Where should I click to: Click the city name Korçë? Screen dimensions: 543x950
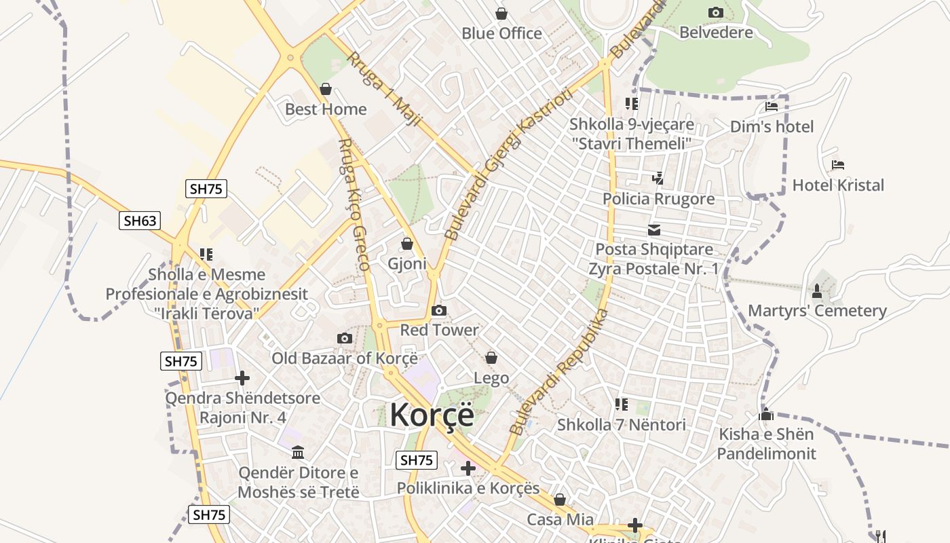[432, 415]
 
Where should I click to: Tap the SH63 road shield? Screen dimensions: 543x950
[140, 221]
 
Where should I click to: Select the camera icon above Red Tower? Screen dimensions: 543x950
[439, 311]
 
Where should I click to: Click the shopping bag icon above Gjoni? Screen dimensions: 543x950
[407, 244]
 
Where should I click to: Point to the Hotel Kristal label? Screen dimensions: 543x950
[838, 185]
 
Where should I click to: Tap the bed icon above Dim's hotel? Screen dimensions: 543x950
[771, 107]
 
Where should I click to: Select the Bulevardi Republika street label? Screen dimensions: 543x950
[558, 372]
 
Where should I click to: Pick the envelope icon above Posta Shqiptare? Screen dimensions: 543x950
[654, 230]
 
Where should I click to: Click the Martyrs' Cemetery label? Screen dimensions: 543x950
[817, 311]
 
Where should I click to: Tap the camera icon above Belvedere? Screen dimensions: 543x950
[715, 13]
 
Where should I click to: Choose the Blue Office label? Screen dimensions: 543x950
[501, 33]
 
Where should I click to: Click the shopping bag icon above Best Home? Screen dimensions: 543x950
[326, 89]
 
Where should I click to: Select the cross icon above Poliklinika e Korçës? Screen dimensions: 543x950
[468, 468]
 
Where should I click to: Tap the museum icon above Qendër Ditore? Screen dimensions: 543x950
[298, 453]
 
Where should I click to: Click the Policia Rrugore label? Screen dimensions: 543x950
[658, 199]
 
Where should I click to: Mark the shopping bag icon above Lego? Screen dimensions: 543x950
[491, 358]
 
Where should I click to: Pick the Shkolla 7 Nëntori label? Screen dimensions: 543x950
[621, 425]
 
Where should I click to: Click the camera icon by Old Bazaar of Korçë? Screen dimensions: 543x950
[345, 339]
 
